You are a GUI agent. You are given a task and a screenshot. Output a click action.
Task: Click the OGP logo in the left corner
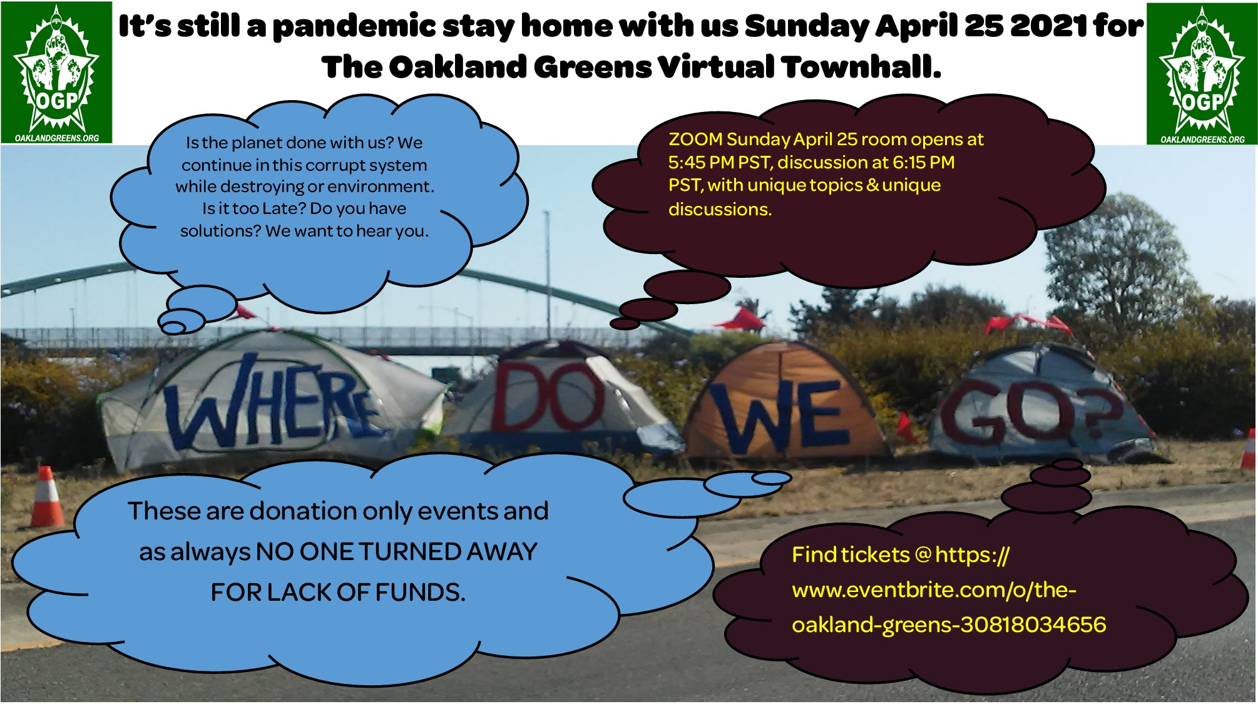(x=56, y=73)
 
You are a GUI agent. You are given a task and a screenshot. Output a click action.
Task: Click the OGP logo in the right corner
(x=1202, y=74)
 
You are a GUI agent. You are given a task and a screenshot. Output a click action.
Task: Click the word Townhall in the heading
(x=861, y=67)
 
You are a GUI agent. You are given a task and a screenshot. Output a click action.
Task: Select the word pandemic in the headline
(x=354, y=27)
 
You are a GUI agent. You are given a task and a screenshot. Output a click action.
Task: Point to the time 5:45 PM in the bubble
(x=701, y=163)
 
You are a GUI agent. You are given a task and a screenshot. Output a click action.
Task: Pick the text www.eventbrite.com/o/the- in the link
(x=934, y=590)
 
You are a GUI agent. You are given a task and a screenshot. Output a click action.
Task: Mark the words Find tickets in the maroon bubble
(x=851, y=555)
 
